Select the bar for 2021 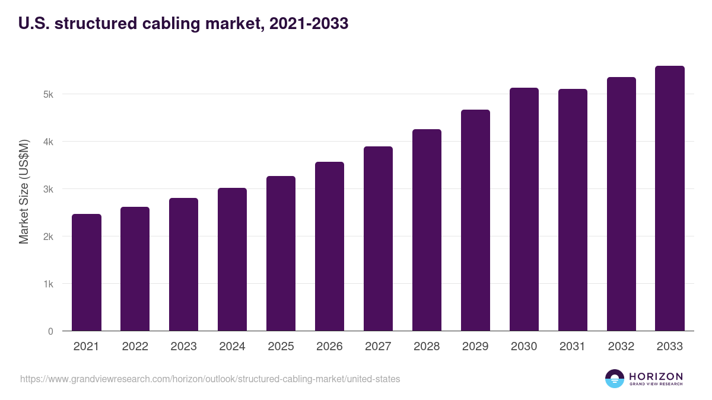pos(87,273)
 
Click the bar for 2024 pos(233,260)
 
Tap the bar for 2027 pos(379,239)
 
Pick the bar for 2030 pos(525,209)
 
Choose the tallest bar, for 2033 pos(670,199)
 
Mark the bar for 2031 pos(573,210)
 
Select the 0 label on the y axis pos(50,331)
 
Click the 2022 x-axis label pos(135,347)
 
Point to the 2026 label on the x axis pos(330,347)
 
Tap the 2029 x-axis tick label pos(475,347)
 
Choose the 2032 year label pos(621,347)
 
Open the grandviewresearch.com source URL pos(210,379)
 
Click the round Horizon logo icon pos(615,379)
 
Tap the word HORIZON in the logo pos(656,376)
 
